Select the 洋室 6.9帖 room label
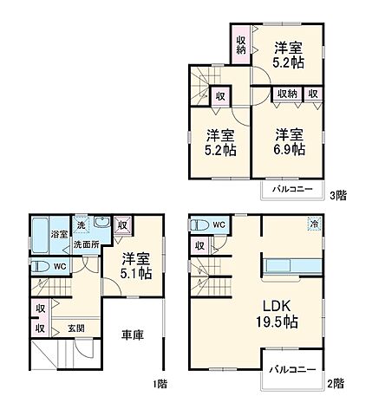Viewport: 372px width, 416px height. [x=290, y=141]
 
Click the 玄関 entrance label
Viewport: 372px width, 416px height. [x=76, y=328]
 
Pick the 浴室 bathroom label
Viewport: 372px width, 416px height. [x=59, y=234]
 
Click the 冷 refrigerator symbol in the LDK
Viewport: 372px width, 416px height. [x=312, y=224]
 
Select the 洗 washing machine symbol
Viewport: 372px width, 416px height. [x=81, y=224]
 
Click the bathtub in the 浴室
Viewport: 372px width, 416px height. [x=39, y=234]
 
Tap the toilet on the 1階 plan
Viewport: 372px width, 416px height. [x=40, y=266]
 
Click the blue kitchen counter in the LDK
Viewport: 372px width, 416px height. [x=293, y=265]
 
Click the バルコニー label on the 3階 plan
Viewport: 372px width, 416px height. [x=287, y=188]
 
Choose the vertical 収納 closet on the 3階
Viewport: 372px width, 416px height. [x=241, y=44]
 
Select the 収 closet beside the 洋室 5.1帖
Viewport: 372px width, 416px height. [x=121, y=225]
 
